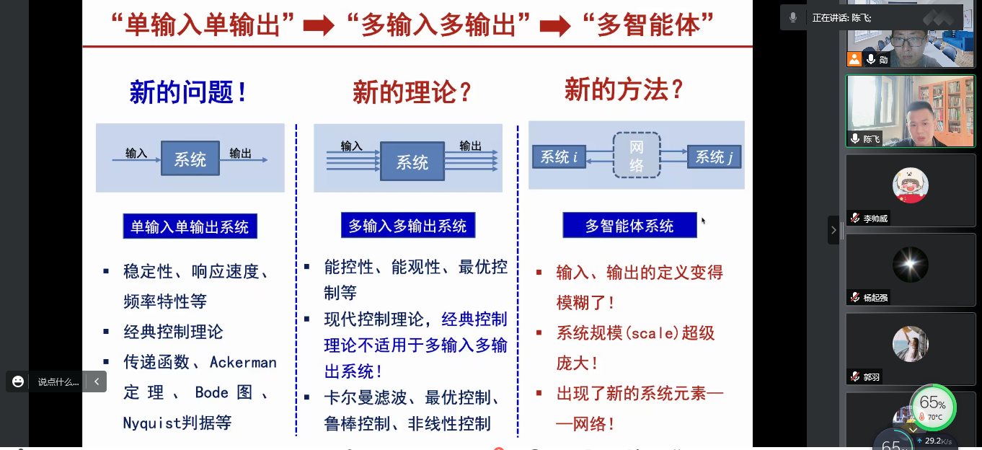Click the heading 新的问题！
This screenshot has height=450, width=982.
(x=189, y=92)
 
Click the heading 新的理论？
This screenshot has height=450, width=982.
(x=412, y=92)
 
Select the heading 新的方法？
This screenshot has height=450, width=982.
(x=624, y=89)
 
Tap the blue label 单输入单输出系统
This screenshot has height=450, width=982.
(x=190, y=227)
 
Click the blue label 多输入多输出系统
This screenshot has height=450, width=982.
(x=408, y=226)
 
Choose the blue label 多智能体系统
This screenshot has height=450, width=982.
(x=629, y=226)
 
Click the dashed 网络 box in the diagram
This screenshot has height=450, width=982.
(x=637, y=156)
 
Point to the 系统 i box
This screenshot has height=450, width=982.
(x=559, y=156)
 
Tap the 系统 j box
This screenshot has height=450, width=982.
(x=714, y=156)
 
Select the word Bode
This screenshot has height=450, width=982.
(x=211, y=392)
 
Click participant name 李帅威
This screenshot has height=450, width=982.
(x=876, y=218)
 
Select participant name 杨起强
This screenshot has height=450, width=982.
(x=876, y=297)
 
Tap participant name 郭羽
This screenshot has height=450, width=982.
(x=872, y=376)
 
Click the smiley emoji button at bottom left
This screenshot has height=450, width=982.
(x=19, y=381)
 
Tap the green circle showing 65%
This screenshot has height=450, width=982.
(x=932, y=406)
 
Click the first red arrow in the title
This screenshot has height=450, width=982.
(x=318, y=26)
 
